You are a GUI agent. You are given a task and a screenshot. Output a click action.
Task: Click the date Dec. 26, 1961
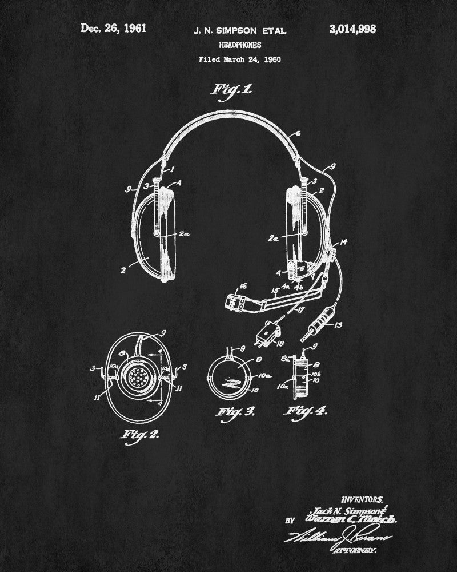point(114,29)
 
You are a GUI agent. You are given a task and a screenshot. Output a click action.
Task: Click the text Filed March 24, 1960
point(240,59)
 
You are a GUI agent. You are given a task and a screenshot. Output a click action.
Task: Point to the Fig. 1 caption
point(232,90)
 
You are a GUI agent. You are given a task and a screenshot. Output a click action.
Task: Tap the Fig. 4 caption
point(309,411)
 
